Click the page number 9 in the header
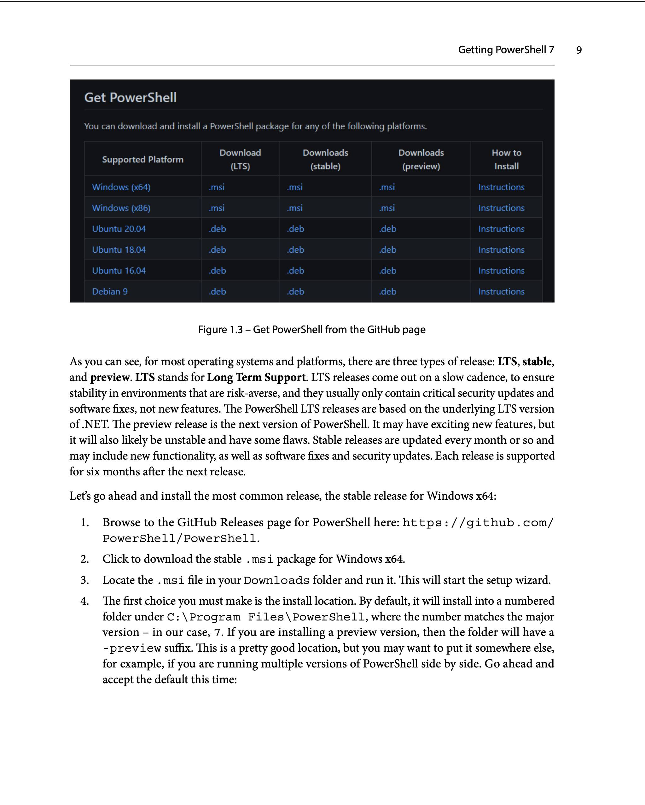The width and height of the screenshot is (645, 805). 578,50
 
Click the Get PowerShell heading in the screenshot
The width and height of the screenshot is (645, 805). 130,97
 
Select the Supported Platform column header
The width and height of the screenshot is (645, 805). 142,159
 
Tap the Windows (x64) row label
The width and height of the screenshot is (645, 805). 121,187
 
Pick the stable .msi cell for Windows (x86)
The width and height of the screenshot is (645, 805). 295,208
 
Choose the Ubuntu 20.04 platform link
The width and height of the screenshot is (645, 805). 119,229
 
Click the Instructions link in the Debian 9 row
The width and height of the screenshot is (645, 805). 501,291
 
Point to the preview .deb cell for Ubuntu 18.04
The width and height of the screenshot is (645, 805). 387,250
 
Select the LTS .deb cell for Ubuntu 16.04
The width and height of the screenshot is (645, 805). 218,271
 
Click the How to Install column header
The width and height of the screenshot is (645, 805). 506,159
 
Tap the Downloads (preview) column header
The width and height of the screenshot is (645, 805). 421,159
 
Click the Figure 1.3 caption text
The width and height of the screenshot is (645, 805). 311,330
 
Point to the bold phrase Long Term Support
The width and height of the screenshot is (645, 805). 256,378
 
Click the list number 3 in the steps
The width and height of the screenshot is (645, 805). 85,580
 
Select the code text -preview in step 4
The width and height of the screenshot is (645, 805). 132,648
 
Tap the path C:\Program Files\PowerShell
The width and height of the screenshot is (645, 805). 266,617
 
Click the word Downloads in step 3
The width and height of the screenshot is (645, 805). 276,580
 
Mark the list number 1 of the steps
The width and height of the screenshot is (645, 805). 85,523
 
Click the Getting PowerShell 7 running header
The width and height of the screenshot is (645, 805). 506,50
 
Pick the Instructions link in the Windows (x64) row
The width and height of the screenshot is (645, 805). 501,187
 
